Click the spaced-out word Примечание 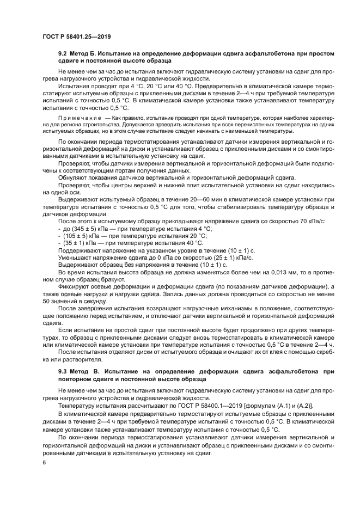click(80, 118)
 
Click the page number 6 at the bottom click(45, 462)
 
